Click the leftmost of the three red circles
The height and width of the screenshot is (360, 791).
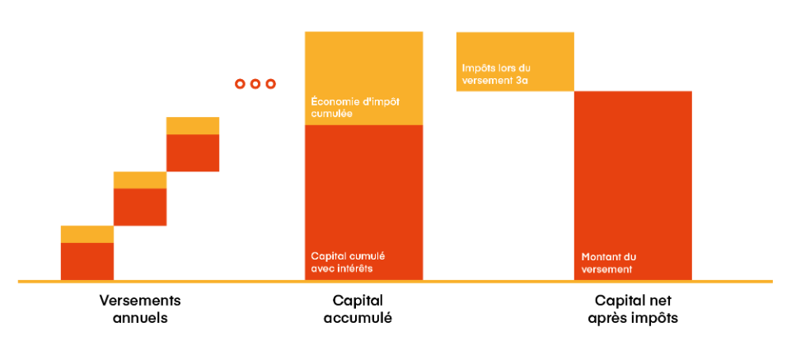coord(241,84)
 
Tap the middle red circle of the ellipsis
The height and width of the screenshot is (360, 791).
coord(255,84)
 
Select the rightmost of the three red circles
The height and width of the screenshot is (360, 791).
coord(270,84)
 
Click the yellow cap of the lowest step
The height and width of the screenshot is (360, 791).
coord(87,234)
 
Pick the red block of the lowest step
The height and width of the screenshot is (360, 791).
coord(87,261)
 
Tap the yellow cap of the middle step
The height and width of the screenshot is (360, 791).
coord(140,180)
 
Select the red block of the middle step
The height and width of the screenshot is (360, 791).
coord(140,207)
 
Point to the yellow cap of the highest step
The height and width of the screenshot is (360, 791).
coord(193,125)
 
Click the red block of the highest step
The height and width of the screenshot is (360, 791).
coord(193,153)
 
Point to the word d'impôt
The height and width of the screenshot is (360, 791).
coord(381,102)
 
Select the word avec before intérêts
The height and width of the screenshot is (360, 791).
coord(322,269)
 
